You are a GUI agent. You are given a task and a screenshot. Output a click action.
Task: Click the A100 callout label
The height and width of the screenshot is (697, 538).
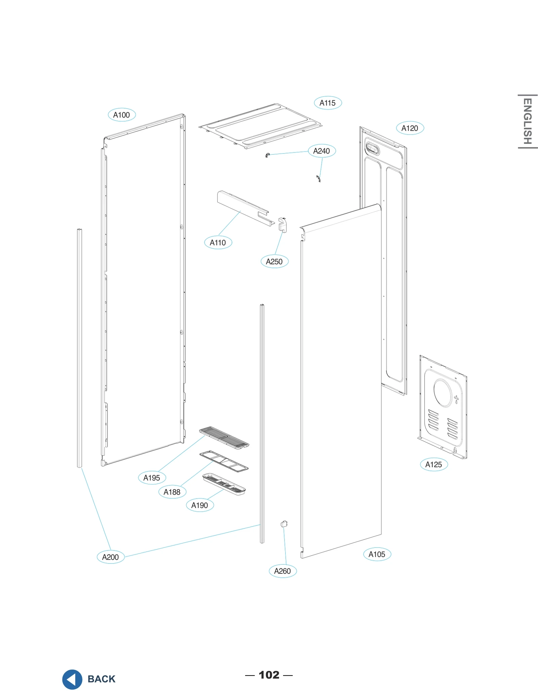[x=121, y=115]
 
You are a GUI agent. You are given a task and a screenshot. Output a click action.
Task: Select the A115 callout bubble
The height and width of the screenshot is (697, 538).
[x=328, y=103]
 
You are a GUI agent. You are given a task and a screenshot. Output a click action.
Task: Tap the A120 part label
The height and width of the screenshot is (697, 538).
[x=410, y=128]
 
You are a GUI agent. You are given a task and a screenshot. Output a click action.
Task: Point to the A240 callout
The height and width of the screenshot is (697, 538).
[x=321, y=151]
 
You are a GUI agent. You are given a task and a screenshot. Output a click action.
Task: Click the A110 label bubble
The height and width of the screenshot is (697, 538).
[x=218, y=242]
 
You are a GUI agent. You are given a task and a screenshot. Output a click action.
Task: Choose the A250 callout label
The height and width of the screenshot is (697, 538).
[x=274, y=261]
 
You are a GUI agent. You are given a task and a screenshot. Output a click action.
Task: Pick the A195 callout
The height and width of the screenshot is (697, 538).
[x=152, y=478]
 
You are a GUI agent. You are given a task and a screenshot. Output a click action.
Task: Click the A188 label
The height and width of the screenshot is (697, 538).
[x=172, y=492]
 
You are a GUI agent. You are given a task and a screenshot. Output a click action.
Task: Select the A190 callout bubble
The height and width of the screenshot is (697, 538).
[x=200, y=505]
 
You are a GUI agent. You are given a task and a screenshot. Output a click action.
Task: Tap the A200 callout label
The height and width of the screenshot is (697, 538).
[x=110, y=557]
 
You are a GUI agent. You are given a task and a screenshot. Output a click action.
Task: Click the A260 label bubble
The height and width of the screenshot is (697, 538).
[x=282, y=571]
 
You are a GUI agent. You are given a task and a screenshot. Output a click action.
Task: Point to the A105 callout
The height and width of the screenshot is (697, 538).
[x=377, y=554]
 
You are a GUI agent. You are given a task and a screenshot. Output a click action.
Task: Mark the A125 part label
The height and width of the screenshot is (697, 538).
[x=434, y=464]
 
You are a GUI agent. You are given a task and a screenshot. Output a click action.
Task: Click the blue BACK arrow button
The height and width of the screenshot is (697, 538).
[x=72, y=679]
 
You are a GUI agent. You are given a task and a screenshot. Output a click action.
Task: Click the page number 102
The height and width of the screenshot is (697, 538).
[x=269, y=675]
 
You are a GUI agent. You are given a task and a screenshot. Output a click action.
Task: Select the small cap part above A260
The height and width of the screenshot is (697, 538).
[x=284, y=524]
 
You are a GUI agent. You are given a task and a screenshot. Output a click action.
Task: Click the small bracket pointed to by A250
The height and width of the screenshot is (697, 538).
[x=282, y=224]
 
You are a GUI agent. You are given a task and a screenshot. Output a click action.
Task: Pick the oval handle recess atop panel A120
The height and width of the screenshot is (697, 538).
[x=372, y=148]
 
